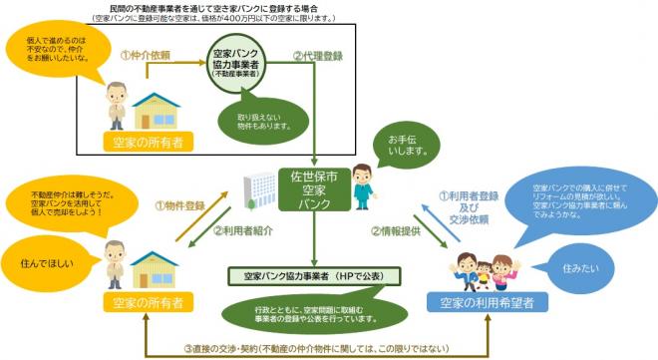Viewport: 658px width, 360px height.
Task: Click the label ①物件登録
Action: click(x=180, y=205)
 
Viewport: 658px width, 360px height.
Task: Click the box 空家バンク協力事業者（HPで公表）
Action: click(x=314, y=272)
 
